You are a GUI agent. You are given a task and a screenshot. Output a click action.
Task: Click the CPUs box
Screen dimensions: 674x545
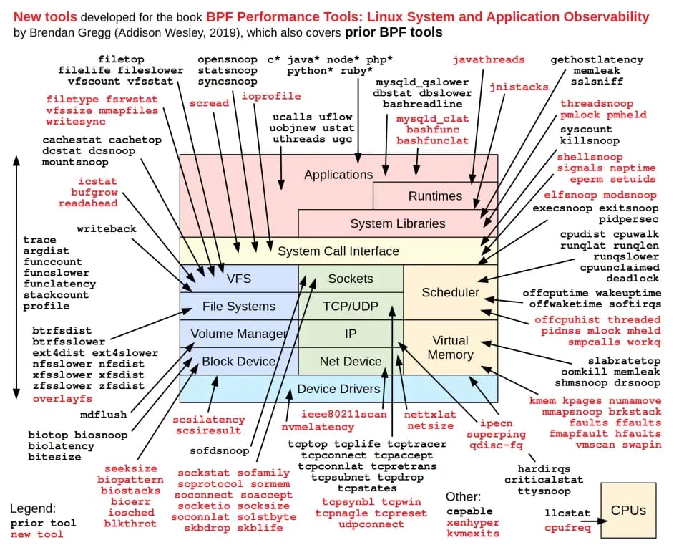[x=628, y=510]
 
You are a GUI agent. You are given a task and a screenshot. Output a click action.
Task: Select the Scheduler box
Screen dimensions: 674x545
[x=451, y=292]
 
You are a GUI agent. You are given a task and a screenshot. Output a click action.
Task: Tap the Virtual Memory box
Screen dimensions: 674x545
[x=451, y=347]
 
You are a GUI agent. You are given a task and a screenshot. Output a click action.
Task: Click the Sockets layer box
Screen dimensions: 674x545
[x=351, y=279]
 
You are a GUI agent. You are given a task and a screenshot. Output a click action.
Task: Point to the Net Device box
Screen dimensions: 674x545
[x=351, y=362]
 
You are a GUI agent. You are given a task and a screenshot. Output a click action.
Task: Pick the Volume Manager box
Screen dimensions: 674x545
[x=239, y=333]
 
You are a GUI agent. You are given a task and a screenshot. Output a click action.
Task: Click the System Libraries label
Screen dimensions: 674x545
[x=398, y=223]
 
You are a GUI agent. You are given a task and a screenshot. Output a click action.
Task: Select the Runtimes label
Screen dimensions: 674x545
[x=435, y=196]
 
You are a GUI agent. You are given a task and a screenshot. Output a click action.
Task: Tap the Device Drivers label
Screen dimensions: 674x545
[x=338, y=389]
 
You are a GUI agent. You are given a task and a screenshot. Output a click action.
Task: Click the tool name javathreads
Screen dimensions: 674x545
[x=489, y=59]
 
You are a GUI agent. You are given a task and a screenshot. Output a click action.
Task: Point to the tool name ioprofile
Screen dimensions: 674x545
[x=270, y=96]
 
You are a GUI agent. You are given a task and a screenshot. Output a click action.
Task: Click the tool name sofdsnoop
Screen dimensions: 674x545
[x=219, y=450]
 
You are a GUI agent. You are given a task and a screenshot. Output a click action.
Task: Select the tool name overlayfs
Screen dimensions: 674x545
[x=62, y=399]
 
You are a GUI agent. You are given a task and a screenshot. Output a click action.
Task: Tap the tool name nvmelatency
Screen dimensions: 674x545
[x=318, y=427]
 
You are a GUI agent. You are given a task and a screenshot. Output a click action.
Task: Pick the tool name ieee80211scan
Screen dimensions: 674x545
[x=344, y=414]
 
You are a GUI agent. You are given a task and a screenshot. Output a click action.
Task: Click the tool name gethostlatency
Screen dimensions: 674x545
[x=597, y=59]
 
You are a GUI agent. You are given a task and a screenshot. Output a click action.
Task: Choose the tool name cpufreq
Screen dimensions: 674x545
[x=567, y=527]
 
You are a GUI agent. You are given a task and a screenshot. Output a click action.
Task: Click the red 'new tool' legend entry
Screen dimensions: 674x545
[x=37, y=534]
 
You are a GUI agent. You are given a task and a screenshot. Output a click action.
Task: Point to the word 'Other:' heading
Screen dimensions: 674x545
[x=463, y=496]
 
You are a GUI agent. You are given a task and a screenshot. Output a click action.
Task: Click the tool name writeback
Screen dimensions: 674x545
[x=107, y=228]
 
